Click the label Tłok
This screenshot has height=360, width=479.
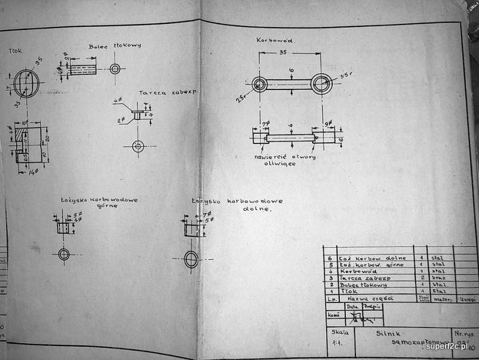coord(16,51)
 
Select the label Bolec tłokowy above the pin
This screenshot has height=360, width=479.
coord(114,46)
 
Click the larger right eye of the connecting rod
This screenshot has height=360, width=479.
coord(321,84)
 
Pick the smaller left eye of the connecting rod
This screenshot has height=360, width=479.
coord(260,84)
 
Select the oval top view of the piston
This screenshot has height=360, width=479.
coord(26,83)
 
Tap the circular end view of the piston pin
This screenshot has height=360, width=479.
coord(115,68)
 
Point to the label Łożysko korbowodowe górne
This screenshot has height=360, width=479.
coord(99,202)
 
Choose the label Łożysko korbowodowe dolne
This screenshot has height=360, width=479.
coord(237,205)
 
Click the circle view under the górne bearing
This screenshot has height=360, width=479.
coord(64,254)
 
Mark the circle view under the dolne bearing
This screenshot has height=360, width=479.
coord(191,259)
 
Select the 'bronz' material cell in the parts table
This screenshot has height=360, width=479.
coord(439,278)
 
